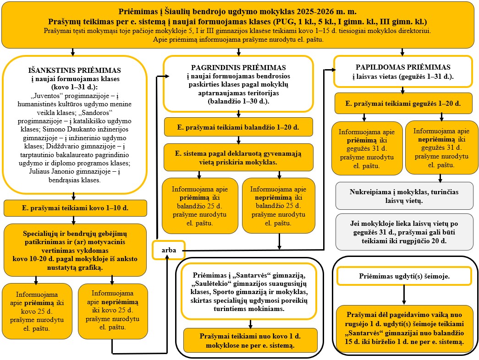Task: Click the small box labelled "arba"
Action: click(168, 250)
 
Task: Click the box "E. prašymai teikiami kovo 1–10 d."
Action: click(75, 208)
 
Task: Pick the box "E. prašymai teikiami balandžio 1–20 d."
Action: click(238, 127)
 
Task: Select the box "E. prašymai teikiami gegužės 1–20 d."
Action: click(402, 104)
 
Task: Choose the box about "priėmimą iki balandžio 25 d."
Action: click(200, 206)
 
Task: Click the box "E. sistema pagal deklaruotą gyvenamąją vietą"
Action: click(238, 157)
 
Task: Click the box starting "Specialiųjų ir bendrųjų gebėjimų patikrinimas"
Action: click(75, 250)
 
